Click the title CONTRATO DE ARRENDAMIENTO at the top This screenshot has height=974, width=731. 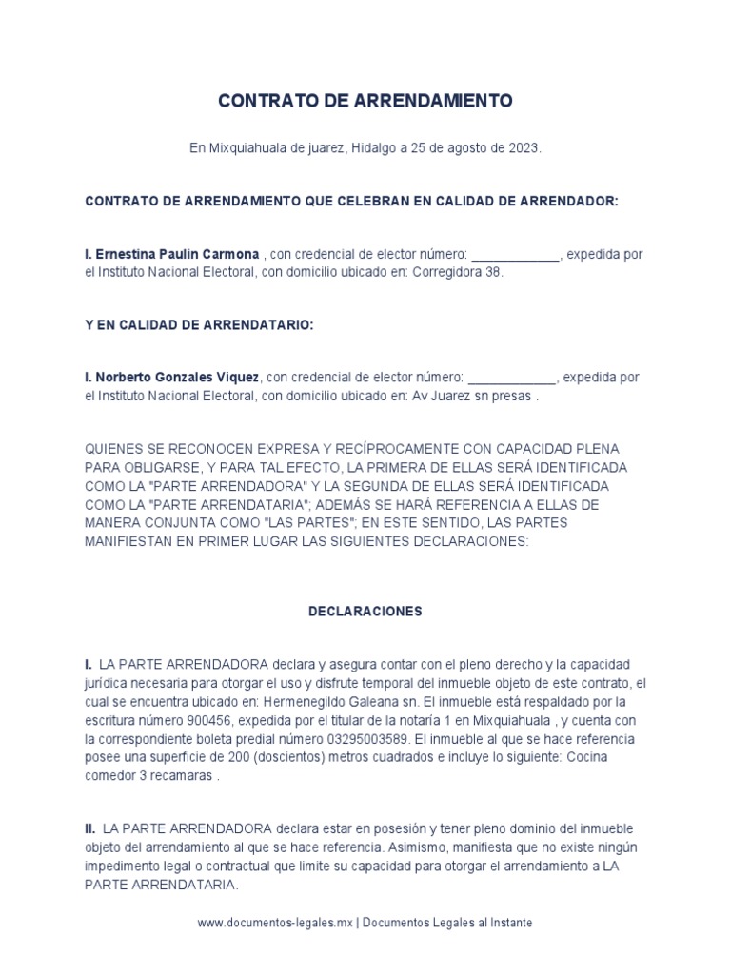365,101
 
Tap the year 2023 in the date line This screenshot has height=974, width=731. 524,149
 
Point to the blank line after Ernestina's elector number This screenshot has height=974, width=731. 516,256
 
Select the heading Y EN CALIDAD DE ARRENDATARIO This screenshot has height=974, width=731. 199,324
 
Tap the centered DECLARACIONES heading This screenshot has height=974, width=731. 365,612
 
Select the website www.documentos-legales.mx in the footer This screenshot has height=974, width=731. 276,923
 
